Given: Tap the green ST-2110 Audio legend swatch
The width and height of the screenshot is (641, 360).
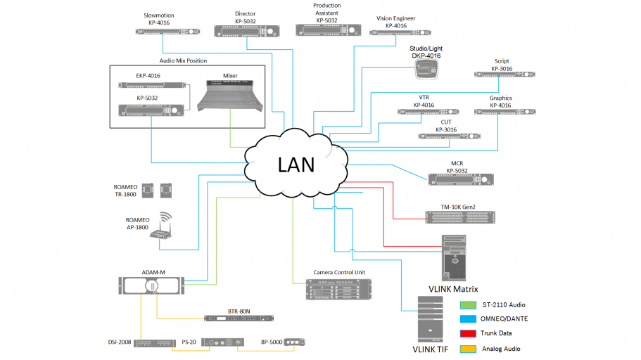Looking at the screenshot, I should click(x=467, y=304).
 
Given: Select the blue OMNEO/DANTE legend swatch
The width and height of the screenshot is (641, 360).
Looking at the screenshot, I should click(x=467, y=319).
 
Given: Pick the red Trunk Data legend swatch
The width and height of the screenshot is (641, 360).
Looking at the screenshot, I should click(x=467, y=333).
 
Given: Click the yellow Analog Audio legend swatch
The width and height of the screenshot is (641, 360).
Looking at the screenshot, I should click(x=467, y=347).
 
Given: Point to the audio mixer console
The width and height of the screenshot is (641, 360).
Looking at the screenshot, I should click(x=230, y=95).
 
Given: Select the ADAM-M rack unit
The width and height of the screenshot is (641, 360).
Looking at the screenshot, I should click(x=152, y=285).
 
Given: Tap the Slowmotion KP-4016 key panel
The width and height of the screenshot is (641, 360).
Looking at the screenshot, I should click(x=158, y=32).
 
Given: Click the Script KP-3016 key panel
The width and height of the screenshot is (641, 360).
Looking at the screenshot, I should click(x=502, y=75).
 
